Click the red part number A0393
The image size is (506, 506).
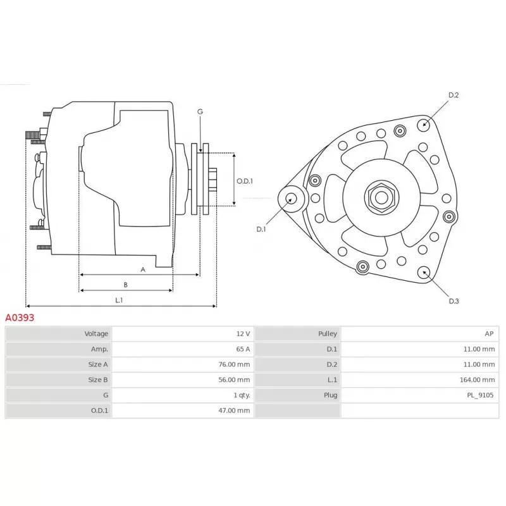(x=20, y=318)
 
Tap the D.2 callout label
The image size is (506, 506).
(x=453, y=96)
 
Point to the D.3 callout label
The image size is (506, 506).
(x=454, y=301)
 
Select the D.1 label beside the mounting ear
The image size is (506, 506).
(x=261, y=229)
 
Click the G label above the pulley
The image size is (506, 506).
(x=200, y=112)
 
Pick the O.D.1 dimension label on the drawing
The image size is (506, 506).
(x=245, y=181)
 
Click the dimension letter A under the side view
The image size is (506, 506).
(x=143, y=269)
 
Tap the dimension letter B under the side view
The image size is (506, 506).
(x=126, y=285)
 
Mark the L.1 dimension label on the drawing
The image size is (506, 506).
(x=119, y=300)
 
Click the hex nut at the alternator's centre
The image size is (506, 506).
(x=381, y=197)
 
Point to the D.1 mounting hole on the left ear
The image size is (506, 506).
(x=292, y=198)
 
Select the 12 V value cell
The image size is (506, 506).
(x=243, y=333)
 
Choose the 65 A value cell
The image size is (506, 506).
(x=243, y=349)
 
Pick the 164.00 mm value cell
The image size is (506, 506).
(x=479, y=380)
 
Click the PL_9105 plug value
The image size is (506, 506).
(x=480, y=395)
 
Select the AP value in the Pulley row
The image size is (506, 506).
(x=489, y=333)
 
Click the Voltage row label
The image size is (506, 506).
(x=96, y=333)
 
